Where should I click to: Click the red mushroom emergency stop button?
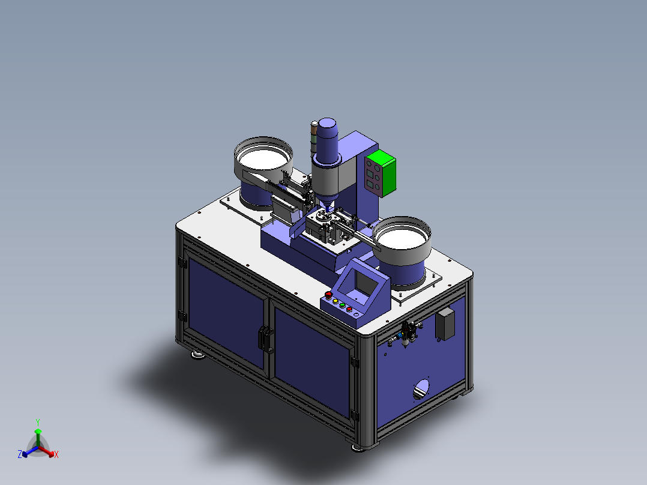click(x=328, y=295)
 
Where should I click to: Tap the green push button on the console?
click(x=342, y=306)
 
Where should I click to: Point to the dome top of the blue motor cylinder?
click(x=328, y=123)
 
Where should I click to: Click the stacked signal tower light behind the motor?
click(x=314, y=136)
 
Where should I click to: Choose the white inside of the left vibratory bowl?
click(x=263, y=158)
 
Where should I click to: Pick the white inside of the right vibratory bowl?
click(x=402, y=238)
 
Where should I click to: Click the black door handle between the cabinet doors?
click(x=266, y=339)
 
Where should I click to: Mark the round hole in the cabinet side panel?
click(x=421, y=389)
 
